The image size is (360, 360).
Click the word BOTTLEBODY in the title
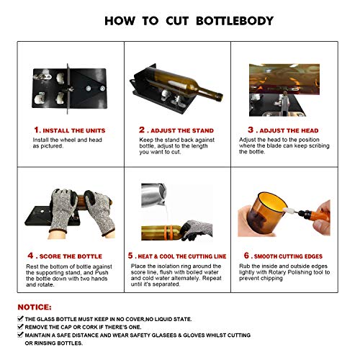(235, 21)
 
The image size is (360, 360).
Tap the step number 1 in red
(37, 130)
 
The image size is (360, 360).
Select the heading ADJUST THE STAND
(182, 130)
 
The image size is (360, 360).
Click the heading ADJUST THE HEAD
(289, 130)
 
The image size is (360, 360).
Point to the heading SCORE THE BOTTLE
(71, 256)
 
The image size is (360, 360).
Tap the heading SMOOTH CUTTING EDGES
(288, 256)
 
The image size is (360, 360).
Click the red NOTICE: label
(35, 307)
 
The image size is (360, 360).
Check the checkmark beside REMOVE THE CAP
(20, 327)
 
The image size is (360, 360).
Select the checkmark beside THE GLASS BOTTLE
(20, 319)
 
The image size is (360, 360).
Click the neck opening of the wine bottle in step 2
(220, 97)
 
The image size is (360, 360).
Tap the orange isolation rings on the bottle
(169, 233)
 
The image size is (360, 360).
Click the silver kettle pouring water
(153, 194)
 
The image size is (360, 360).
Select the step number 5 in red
(130, 256)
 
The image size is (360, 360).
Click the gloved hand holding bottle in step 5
(196, 230)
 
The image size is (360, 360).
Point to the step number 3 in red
(251, 130)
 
